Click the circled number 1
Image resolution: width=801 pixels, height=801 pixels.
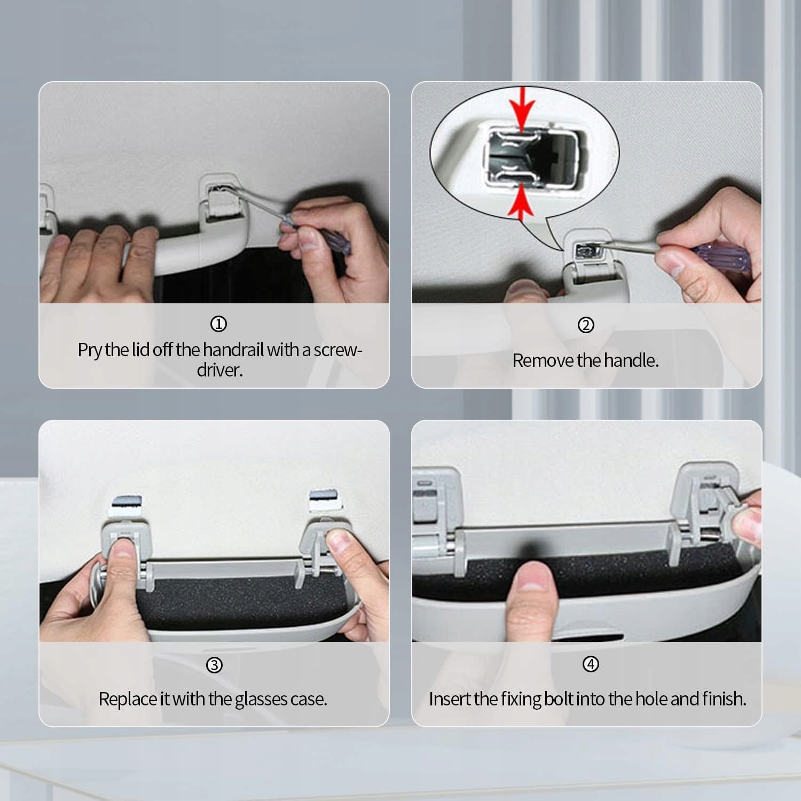pos(218,324)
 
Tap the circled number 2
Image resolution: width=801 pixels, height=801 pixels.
pos(586,325)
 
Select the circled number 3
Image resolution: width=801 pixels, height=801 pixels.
pos(214,665)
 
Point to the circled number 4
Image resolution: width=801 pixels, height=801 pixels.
pos(591,664)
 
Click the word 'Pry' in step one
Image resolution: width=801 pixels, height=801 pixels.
pos(90,350)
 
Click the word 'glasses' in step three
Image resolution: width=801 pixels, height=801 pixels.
pos(261,700)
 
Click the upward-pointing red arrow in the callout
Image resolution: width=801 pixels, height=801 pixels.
pos(521,203)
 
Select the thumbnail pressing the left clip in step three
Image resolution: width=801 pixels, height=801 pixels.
pos(122,549)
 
